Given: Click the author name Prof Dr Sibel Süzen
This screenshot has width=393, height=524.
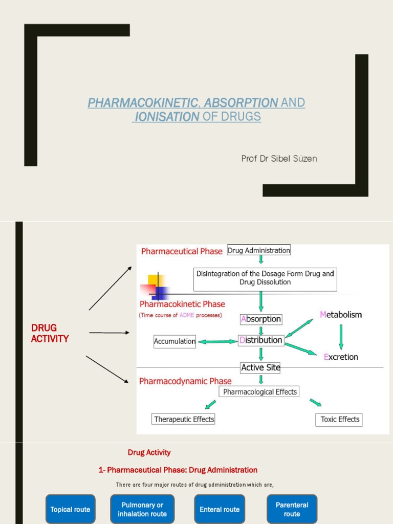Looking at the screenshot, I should pos(279,159).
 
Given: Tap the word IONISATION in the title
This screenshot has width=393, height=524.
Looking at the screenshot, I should pos(167,117).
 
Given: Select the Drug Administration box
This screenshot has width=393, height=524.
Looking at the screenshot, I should pos(258,250).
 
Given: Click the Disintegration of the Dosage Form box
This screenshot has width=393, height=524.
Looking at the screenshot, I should pos(265,278).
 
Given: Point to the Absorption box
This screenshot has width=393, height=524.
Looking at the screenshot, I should pos(261,319).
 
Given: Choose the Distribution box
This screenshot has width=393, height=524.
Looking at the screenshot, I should pos(261,340).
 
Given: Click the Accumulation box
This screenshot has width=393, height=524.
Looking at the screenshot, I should pos(174,341).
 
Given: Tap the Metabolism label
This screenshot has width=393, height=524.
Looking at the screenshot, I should pos(341,314).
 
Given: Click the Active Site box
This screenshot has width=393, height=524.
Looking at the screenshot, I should pos(260,367).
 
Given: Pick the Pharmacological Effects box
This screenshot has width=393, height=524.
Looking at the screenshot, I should pos(259,391).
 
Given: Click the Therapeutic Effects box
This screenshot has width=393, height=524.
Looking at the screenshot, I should pos(184,419).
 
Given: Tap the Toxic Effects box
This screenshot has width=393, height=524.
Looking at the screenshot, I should pos(339,419).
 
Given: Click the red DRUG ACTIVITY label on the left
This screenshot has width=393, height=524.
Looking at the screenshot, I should pos(50,333).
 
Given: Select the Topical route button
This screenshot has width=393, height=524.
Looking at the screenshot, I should pos(70,509).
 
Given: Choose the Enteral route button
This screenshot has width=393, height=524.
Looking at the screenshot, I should pos(220,509).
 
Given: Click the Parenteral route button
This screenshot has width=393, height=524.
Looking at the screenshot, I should pos(292,509).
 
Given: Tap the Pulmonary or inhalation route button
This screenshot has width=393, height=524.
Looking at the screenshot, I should pos(142,509).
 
